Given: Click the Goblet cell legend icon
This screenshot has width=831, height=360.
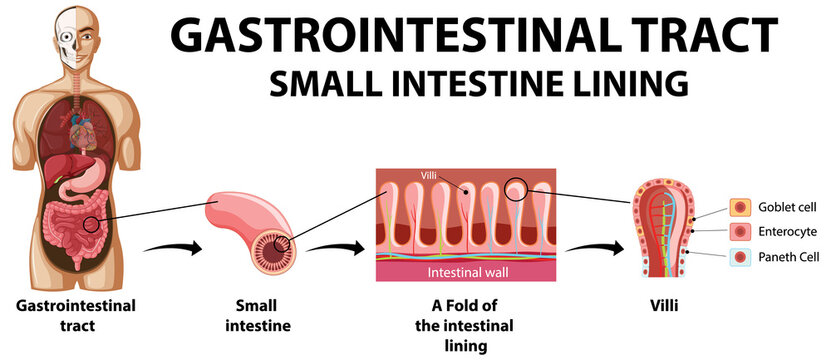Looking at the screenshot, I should click(739, 208).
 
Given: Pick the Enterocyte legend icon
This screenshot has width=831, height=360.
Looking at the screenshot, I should click(739, 232).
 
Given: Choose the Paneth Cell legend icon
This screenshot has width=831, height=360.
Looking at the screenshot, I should click(739, 257).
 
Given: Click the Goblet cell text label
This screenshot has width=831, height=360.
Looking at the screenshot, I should click(788, 208).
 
